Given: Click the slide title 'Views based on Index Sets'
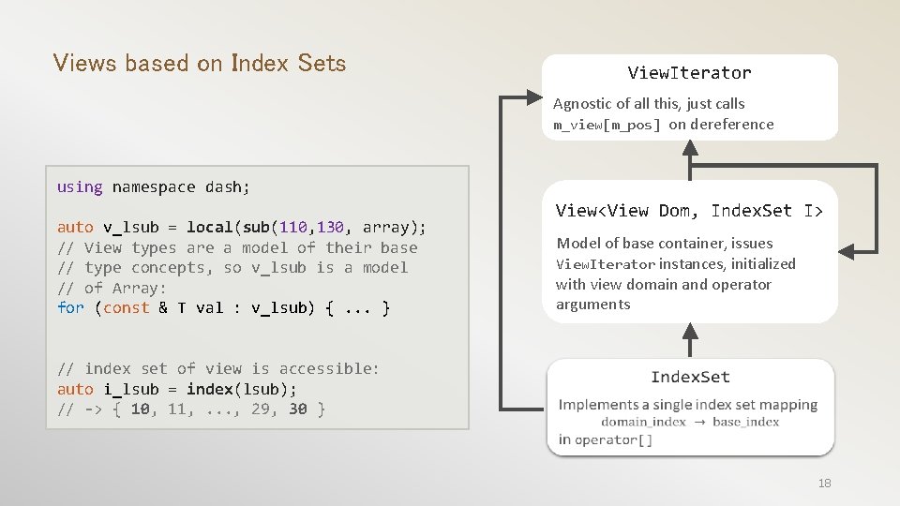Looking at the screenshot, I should pyautogui.click(x=200, y=64).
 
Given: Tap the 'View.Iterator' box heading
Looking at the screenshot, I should pyautogui.click(x=689, y=72).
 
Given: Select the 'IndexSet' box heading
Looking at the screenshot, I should pyautogui.click(x=690, y=377).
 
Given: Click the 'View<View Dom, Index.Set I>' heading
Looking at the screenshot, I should pyautogui.click(x=689, y=211).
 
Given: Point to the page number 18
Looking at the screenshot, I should pyautogui.click(x=824, y=483).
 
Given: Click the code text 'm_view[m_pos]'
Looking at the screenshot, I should pyautogui.click(x=607, y=125).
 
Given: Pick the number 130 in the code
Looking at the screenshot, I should pyautogui.click(x=331, y=228).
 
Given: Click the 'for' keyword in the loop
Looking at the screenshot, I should pyautogui.click(x=70, y=307).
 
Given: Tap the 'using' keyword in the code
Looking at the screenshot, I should pyautogui.click(x=80, y=186).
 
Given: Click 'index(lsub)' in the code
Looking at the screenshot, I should pyautogui.click(x=241, y=389).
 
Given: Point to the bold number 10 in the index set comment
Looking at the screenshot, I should pyautogui.click(x=140, y=409).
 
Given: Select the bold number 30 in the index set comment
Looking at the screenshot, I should pyautogui.click(x=297, y=409).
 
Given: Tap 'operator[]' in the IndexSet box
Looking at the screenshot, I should pyautogui.click(x=614, y=439).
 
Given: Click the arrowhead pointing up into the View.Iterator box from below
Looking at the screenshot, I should pyautogui.click(x=690, y=151).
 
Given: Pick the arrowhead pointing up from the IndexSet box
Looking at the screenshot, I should pyautogui.click(x=690, y=330).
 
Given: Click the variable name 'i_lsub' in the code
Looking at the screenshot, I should pyautogui.click(x=130, y=389).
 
